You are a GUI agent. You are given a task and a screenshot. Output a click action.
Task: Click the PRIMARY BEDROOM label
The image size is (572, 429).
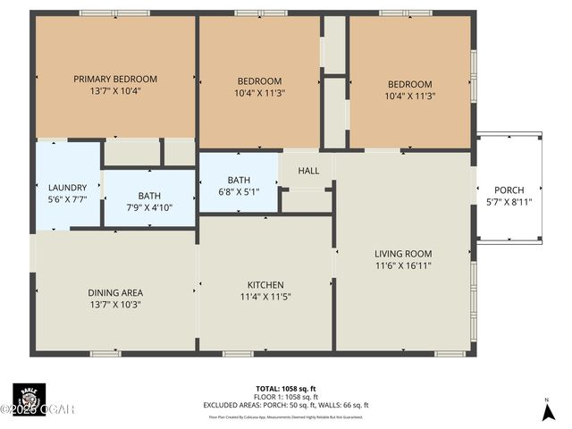(x=115, y=79)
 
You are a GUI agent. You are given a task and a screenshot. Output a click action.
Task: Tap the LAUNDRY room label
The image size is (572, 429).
(x=67, y=188)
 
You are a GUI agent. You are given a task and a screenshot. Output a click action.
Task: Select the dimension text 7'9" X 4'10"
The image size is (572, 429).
(x=149, y=207)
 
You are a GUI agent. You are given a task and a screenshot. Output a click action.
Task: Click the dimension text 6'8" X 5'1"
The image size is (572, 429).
(x=239, y=191)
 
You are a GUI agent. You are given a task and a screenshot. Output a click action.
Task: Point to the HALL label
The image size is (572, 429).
(x=308, y=171)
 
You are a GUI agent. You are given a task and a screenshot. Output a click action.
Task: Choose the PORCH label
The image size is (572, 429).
(x=509, y=189)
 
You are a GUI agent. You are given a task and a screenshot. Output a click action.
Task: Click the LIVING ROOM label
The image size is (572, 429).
(x=403, y=253)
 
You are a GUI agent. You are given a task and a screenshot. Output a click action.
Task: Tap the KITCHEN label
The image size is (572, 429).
(x=265, y=285)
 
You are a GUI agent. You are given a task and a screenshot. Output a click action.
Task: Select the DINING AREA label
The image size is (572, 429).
(x=115, y=292)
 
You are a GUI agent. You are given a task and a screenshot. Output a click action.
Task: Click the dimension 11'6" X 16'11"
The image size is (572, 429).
(x=403, y=265)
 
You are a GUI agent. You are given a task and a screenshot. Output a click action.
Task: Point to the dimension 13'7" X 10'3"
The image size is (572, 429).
(x=115, y=304)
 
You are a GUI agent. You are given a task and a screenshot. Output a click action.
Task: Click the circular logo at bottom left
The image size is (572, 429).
(x=29, y=398)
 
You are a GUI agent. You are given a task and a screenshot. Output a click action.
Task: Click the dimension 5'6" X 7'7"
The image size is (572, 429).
(x=67, y=199)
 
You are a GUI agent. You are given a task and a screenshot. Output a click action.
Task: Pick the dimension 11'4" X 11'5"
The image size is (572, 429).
(x=265, y=297)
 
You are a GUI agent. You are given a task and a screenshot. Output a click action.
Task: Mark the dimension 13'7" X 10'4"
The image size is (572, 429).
(x=115, y=90)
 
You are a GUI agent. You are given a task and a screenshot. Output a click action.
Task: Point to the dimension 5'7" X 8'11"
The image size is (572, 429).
(x=509, y=201)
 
